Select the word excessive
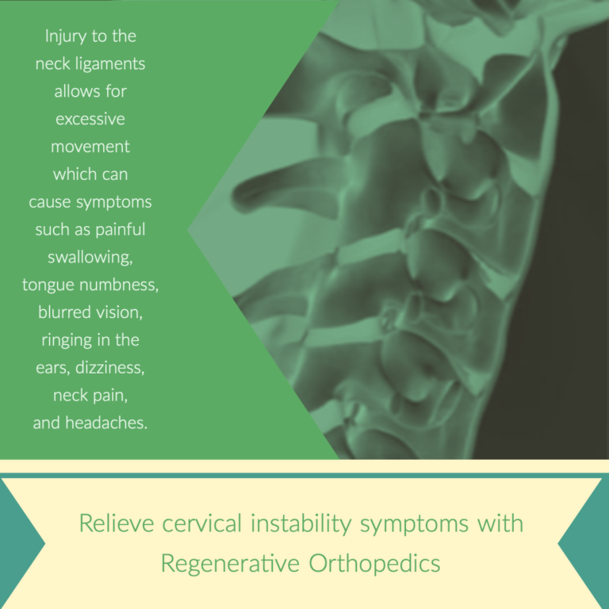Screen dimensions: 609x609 pyautogui.click(x=90, y=119)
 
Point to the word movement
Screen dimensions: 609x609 pyautogui.click(x=90, y=147)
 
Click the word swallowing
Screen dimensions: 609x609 pyautogui.click(x=90, y=257)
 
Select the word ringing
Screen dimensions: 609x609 pyautogui.click(x=67, y=340)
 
